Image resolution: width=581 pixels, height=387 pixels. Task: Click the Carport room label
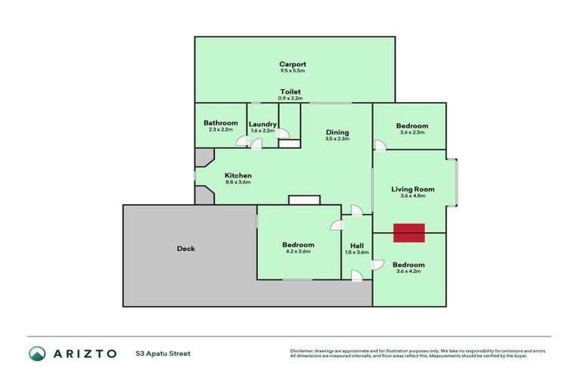point(292,64)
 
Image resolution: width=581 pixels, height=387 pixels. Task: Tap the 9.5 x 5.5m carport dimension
point(292,71)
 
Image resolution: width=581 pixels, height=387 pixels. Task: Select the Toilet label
point(290,91)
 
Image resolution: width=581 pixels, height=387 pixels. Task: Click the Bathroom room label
point(220,123)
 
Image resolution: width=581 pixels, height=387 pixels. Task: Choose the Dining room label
point(337,132)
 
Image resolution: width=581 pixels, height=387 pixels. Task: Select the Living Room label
point(412,189)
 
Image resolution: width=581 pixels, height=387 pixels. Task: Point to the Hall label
point(356,245)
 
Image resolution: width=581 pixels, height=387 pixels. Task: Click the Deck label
point(185,249)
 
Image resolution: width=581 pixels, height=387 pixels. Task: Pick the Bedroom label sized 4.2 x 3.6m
point(298,245)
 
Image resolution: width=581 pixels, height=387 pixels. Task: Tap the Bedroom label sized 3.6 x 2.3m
point(412,126)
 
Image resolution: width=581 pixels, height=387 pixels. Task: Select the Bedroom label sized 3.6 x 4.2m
point(409,265)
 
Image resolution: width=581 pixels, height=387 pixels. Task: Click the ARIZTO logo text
point(85,353)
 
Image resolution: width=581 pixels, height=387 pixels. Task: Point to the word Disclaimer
point(303,351)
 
